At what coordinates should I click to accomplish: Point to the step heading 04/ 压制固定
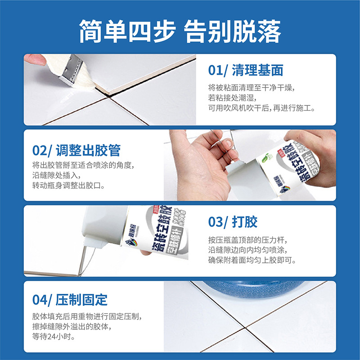[x=70, y=299]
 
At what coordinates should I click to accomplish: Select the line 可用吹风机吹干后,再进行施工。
[x=261, y=108]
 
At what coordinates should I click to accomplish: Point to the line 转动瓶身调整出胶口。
[x=68, y=185]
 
